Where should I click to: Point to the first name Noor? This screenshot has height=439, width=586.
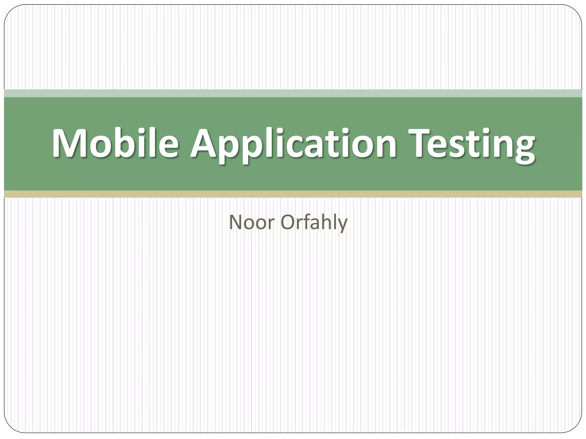point(252,222)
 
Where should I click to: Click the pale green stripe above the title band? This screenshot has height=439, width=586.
point(293,93)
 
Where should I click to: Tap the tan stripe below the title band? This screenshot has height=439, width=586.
point(293,194)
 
